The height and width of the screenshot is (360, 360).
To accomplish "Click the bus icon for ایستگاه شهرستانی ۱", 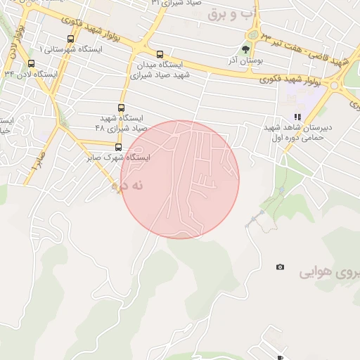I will click(x=70, y=39).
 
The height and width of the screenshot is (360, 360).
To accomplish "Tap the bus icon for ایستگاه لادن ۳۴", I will click(x=30, y=63).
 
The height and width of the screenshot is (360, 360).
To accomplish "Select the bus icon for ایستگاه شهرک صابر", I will click(x=117, y=147).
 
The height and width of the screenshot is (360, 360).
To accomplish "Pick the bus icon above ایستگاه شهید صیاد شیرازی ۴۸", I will click(x=122, y=108).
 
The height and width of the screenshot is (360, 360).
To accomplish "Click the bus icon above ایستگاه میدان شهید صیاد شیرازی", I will click(x=160, y=54).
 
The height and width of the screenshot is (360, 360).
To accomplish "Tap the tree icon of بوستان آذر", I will click(x=245, y=50).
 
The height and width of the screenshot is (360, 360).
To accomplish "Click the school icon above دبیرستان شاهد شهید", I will click(x=297, y=117).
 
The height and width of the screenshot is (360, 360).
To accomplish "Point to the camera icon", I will click(x=281, y=267).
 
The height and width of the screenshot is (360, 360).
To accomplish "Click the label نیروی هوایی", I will click(x=330, y=272).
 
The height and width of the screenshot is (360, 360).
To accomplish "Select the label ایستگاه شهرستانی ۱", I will click(x=70, y=50).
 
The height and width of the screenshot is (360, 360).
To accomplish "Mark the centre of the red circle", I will click(x=180, y=179).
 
